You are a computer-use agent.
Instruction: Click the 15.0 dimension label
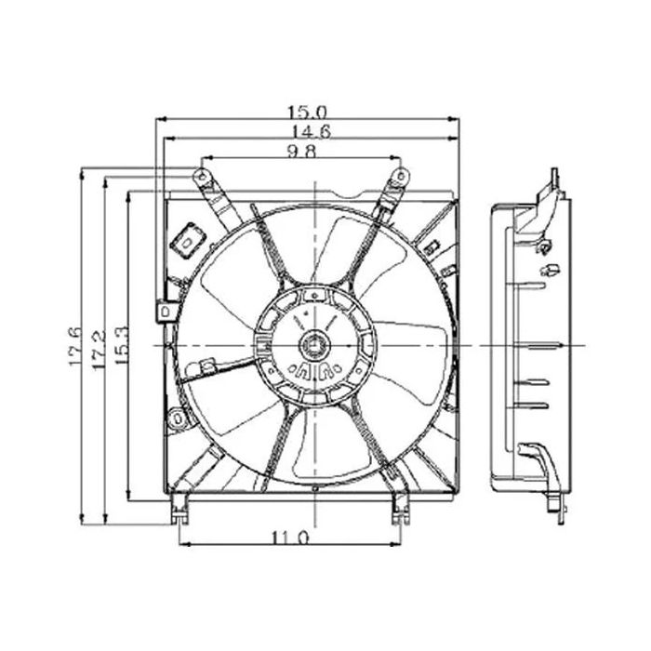point(308,113)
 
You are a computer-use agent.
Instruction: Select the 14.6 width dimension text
point(312,132)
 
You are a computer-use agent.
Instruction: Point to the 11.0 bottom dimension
point(290,538)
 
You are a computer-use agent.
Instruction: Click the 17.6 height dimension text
point(75,347)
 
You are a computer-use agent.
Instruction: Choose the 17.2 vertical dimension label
point(99,350)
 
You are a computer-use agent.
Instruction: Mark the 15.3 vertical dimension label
point(123,345)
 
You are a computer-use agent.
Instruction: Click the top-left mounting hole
point(202,176)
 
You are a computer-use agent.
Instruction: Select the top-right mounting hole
point(401,176)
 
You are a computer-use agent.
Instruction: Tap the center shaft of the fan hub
point(314,345)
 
